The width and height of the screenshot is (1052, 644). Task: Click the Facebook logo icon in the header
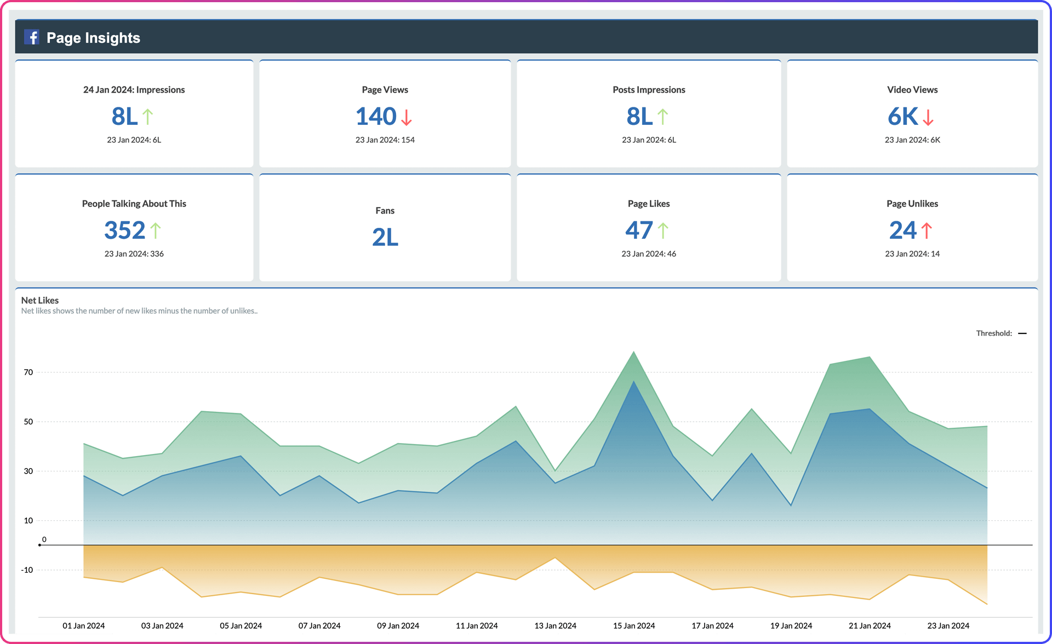(x=32, y=37)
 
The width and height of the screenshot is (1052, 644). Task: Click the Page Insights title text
(x=93, y=38)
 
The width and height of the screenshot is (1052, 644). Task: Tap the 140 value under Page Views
(x=376, y=116)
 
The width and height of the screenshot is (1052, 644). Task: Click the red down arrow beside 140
(x=406, y=117)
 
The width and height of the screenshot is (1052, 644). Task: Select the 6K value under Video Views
(x=902, y=116)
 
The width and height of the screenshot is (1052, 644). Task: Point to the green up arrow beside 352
(x=156, y=231)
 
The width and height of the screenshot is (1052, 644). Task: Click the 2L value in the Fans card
(x=385, y=237)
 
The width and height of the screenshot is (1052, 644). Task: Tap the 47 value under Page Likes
(x=639, y=230)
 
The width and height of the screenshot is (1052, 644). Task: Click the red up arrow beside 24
(x=926, y=231)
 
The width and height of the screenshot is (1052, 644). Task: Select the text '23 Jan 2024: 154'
(x=385, y=140)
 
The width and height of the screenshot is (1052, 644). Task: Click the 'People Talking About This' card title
(x=134, y=204)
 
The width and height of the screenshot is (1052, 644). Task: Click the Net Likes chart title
(x=39, y=300)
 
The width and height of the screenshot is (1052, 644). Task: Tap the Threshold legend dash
(x=1022, y=333)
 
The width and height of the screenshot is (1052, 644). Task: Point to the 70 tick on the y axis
(x=28, y=372)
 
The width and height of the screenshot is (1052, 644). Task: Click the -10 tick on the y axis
(x=27, y=570)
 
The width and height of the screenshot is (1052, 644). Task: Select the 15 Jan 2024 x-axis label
(x=634, y=625)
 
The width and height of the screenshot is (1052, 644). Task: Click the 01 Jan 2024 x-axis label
(x=83, y=625)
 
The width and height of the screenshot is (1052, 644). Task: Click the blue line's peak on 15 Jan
(x=634, y=381)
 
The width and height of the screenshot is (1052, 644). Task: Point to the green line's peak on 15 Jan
(x=634, y=352)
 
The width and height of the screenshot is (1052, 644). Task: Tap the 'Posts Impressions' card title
(x=649, y=90)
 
